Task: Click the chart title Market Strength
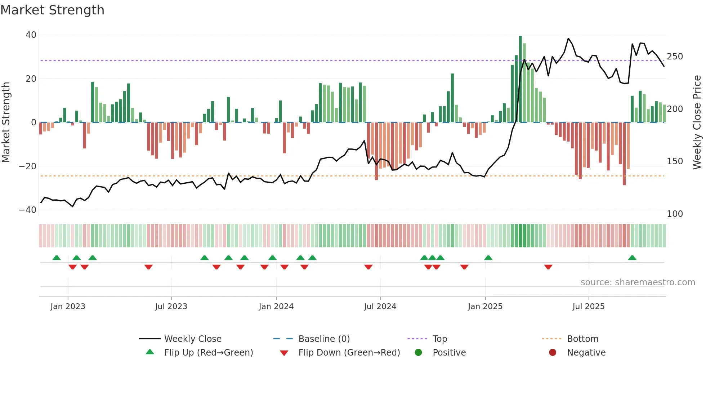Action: (52, 10)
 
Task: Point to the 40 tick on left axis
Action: (31, 35)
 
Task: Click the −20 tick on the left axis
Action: (27, 166)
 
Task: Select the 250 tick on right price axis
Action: (675, 57)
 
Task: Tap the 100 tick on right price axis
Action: (675, 214)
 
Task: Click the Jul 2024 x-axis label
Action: (380, 307)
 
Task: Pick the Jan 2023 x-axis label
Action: (68, 307)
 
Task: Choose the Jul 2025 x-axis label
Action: (589, 307)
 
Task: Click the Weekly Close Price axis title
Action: (697, 122)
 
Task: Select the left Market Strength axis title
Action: (6, 122)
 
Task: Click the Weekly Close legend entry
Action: (192, 339)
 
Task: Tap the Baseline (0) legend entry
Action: (324, 339)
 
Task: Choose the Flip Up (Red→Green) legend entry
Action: (208, 353)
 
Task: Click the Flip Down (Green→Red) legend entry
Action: (349, 353)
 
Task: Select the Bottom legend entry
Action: (582, 339)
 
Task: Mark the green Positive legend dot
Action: (418, 353)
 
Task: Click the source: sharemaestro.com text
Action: (638, 282)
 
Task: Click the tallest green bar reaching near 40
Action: (520, 79)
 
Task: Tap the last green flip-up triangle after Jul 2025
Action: (632, 258)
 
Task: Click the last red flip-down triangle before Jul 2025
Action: (548, 267)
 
